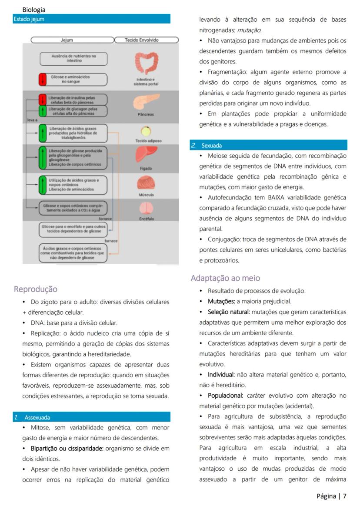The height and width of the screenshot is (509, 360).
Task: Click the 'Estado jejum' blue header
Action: pyautogui.click(x=91, y=19)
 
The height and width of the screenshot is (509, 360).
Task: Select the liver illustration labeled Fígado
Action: pyautogui.click(x=146, y=154)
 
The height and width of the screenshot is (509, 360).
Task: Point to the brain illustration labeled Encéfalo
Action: pyautogui.click(x=146, y=208)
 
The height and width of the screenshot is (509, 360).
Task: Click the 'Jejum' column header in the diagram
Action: pyautogui.click(x=67, y=40)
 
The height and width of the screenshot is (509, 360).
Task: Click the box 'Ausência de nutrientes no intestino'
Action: pyautogui.click(x=73, y=59)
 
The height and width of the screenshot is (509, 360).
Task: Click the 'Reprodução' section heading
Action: pyautogui.click(x=36, y=289)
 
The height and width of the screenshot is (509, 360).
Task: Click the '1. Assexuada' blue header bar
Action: pyautogui.click(x=91, y=417)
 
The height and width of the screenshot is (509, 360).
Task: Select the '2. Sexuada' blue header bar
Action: pyautogui.click(x=269, y=146)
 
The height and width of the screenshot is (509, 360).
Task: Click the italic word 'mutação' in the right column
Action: pyautogui.click(x=249, y=30)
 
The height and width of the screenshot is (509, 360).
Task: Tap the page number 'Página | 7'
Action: pyautogui.click(x=331, y=496)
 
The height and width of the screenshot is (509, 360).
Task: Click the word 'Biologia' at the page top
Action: pyautogui.click(x=34, y=10)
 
